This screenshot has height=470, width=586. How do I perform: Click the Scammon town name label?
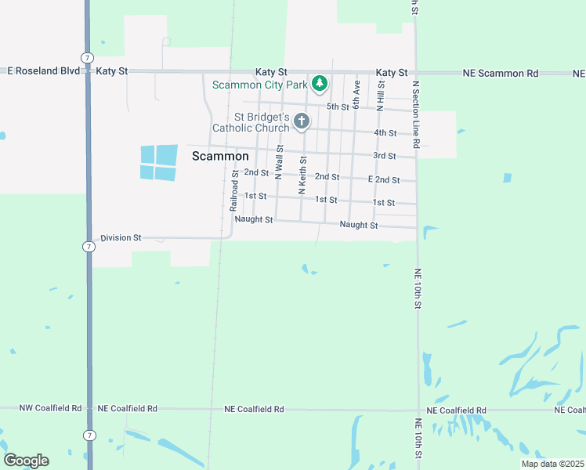pos(220,156)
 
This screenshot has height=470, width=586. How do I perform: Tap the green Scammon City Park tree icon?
pos(319,83)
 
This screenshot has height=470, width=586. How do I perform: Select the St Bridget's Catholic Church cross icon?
pos(302,121)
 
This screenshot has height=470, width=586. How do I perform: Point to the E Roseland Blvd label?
pos(44,70)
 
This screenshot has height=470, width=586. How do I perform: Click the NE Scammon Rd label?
pos(500,73)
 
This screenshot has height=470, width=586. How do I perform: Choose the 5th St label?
pos(338,107)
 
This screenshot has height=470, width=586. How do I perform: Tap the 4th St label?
pos(385,132)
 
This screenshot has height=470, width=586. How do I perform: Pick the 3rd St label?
pos(384,156)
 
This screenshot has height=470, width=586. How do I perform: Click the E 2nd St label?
pos(384,179)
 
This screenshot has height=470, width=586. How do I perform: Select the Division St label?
pos(121,237)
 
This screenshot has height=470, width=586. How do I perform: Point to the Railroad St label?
pos(234,191)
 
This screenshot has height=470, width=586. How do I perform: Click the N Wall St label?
pos(279,161)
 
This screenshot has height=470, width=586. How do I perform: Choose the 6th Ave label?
pos(356,94)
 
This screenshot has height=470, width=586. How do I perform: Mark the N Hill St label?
pos(380,98)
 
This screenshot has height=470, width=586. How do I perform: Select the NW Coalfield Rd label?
pos(50,408)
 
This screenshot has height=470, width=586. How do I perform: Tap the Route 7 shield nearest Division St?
pos(90,247)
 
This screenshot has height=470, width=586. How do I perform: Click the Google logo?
pos(26,461)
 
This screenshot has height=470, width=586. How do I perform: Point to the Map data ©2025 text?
pos(552,464)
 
